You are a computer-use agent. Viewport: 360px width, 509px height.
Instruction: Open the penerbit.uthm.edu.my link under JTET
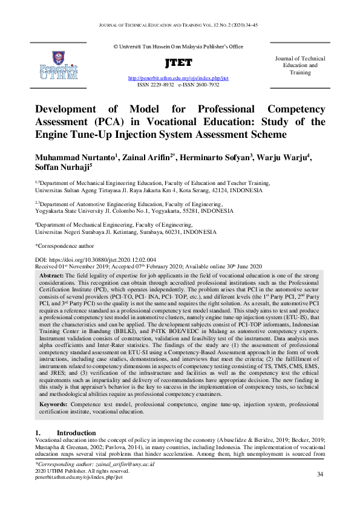point(178,79)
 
